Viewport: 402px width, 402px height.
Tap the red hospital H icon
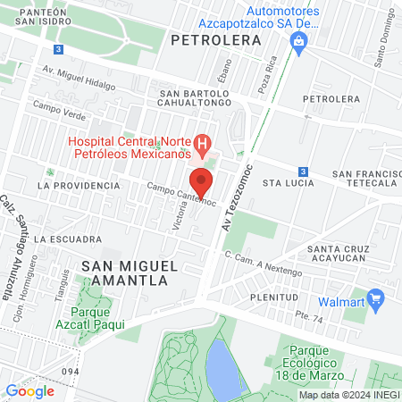coord(203,142)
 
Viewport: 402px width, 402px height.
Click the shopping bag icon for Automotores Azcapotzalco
coord(301,39)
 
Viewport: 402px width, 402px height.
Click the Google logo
coord(29,390)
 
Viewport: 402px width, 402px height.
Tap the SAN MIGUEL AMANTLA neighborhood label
coord(124,272)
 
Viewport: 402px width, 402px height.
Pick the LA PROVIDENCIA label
coord(79,185)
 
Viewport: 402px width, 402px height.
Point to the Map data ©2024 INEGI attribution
coord(348,395)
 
